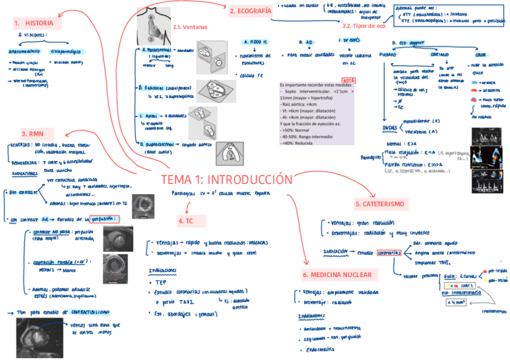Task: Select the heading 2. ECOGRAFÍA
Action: tap(250, 11)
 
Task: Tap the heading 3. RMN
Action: tap(33, 133)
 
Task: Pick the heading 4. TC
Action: tap(185, 221)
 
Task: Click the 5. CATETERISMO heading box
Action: tap(382, 204)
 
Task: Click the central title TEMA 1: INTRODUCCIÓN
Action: tap(227, 180)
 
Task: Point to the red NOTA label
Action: tap(349, 80)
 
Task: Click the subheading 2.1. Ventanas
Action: tap(189, 27)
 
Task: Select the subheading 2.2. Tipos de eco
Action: tap(363, 26)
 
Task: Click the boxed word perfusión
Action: tap(105, 218)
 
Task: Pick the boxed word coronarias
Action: tap(390, 253)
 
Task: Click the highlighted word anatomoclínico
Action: tap(24, 52)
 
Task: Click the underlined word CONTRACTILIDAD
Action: tap(90, 313)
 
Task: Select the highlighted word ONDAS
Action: tap(390, 128)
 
